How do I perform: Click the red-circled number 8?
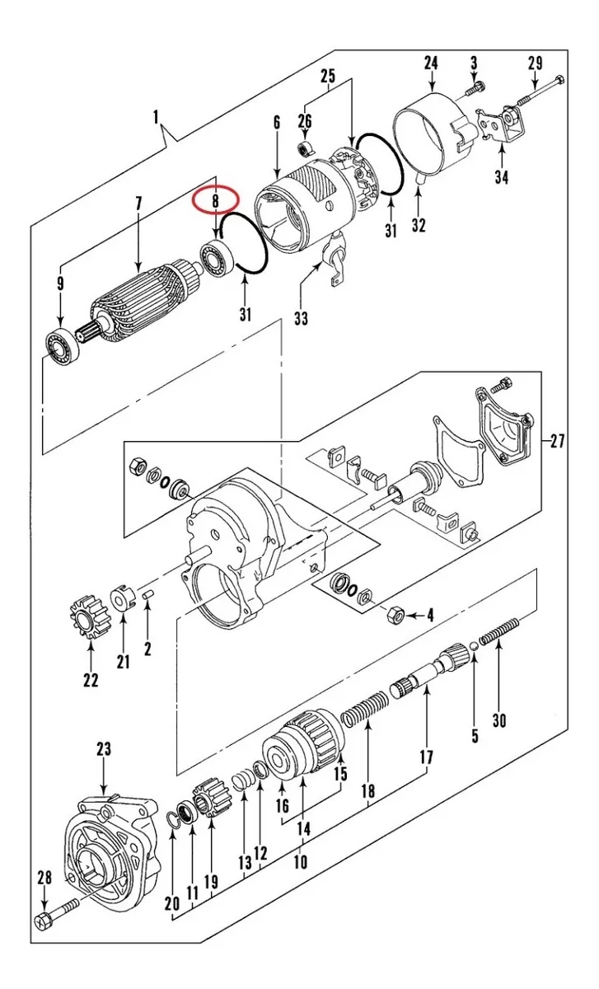coord(215,201)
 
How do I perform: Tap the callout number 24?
coord(431,63)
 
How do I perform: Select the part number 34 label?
coord(502,176)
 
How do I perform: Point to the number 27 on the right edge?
coord(557,441)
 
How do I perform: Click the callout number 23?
coord(104,749)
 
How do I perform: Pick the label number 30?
coord(499,721)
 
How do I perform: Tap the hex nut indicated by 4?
coord(395,614)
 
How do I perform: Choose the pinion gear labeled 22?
coord(91,616)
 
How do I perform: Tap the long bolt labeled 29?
coord(541,91)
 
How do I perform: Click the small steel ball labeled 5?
coord(474,646)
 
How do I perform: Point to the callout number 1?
coord(156,117)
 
